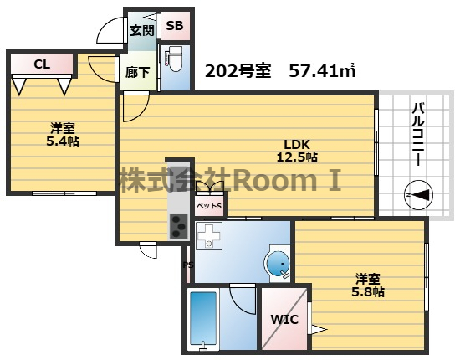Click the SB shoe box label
[x=175, y=26]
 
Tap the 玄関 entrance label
[x=142, y=30]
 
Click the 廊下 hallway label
[x=138, y=72]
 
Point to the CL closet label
[x=42, y=64]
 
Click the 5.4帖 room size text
[x=63, y=141]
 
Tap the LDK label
[x=297, y=144]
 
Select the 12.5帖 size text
[x=297, y=157]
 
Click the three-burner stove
[x=179, y=226]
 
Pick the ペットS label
[x=209, y=206]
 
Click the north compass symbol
[x=419, y=195]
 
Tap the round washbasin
[x=278, y=264]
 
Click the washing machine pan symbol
[x=209, y=236]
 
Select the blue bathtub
[x=203, y=319]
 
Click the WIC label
[x=284, y=320]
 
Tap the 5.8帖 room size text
[x=368, y=292]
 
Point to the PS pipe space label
[x=189, y=265]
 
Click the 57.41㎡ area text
[x=322, y=70]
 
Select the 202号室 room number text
[x=238, y=71]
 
